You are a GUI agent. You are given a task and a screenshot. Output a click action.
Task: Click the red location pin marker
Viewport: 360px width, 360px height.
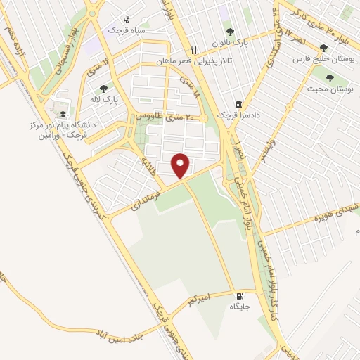click(181, 165)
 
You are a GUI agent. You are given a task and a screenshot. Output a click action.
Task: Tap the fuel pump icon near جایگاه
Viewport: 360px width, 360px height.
click(243, 296)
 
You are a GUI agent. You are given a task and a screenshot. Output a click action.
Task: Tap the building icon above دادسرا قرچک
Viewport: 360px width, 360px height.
click(238, 103)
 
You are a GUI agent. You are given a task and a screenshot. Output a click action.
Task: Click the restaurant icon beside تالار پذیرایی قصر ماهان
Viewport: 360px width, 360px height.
click(195, 49)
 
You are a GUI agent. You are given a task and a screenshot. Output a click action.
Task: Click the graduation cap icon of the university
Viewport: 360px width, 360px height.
click(63, 115)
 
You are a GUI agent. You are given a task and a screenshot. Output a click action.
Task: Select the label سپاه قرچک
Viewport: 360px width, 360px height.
click(125, 30)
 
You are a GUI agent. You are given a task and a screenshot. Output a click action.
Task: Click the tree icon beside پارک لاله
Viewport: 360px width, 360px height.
click(103, 89)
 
